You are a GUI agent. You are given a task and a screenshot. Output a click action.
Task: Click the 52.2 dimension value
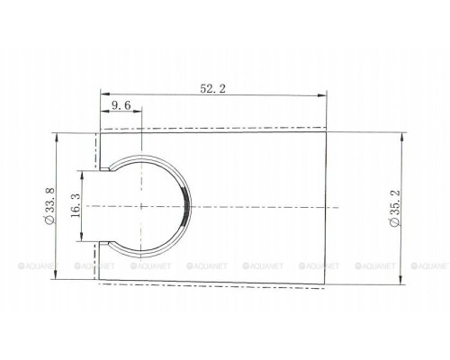coord(212,89)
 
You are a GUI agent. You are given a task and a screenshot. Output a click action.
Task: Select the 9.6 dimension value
coord(121,105)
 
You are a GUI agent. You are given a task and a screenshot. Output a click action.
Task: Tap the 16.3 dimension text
coord(76,205)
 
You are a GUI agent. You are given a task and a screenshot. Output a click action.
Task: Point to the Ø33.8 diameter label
coord(49,205)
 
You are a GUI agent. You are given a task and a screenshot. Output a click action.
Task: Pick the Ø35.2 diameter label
coord(395,208)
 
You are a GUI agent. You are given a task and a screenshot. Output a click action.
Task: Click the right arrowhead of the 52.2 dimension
coord(322,95)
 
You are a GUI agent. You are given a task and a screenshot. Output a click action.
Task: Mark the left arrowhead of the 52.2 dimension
coord(105,94)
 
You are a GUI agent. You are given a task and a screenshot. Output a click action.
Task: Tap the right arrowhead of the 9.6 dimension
coord(137,112)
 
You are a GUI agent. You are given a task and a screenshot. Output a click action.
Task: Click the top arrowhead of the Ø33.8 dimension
coord(56,138)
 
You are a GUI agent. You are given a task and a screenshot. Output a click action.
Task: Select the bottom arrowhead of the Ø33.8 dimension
coord(56,274)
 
